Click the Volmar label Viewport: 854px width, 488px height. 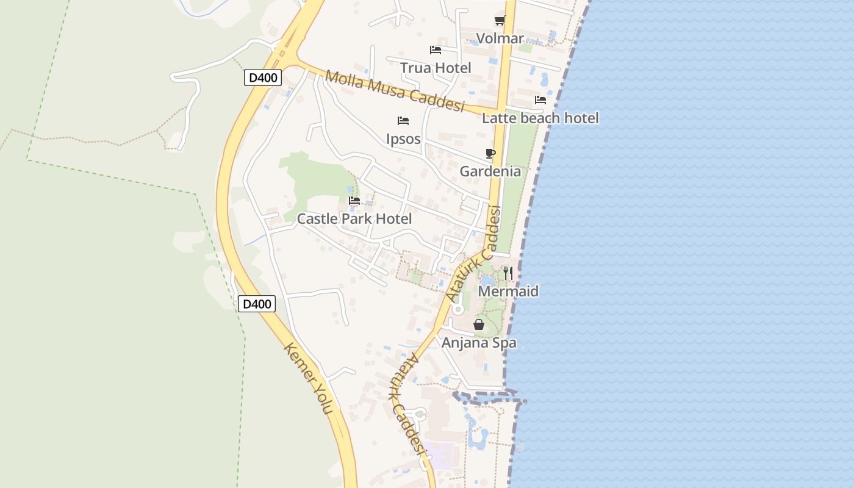[500, 38]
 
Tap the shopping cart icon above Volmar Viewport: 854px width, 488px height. [500, 21]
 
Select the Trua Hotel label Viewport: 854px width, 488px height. [436, 68]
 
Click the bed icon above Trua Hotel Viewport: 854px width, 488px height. [436, 50]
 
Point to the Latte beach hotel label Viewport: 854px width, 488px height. [540, 118]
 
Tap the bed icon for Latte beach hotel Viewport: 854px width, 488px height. [540, 100]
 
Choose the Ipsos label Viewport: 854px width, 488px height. [403, 138]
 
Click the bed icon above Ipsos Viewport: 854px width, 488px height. [403, 121]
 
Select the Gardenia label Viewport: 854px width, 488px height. [490, 171]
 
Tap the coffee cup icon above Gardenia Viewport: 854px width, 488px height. [490, 153]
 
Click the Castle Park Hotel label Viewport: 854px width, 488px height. [354, 218]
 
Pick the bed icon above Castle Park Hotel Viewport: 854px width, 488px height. [354, 201]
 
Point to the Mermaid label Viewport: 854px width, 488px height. [508, 291]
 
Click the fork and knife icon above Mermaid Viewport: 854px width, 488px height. [508, 273]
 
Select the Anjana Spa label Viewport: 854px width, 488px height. [479, 342]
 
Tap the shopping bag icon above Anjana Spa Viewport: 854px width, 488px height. [479, 325]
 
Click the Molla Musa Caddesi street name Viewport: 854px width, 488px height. [395, 92]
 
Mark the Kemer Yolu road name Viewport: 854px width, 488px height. [309, 379]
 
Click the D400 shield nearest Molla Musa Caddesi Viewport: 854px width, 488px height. [263, 77]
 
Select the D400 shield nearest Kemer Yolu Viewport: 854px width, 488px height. [257, 304]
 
